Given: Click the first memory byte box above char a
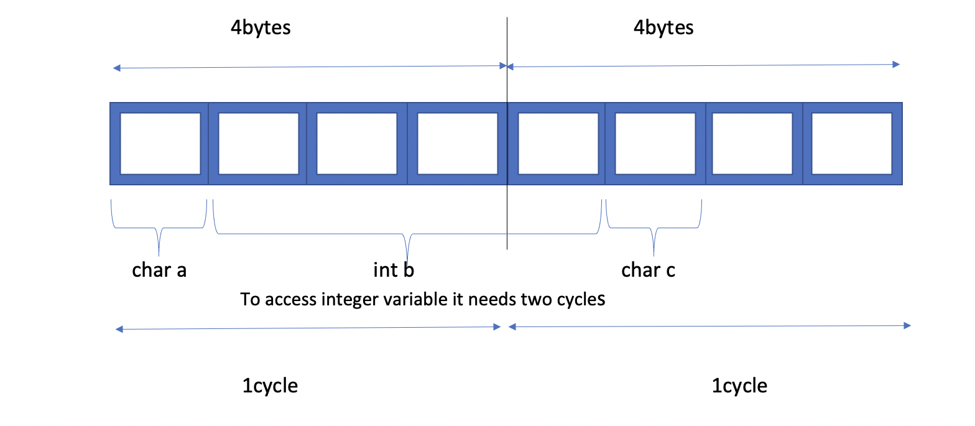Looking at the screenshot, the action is click(159, 144).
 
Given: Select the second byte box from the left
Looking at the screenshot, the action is click(257, 144).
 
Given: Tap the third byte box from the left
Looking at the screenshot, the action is click(357, 144).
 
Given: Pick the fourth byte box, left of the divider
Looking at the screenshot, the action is click(457, 144).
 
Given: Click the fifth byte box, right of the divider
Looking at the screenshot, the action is click(557, 144).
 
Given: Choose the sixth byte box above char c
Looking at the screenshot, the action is click(655, 144).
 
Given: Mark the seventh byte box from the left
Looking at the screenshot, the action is click(754, 144).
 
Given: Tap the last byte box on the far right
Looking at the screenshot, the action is click(853, 144).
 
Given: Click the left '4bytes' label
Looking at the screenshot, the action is click(261, 28).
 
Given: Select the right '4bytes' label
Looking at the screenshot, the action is click(663, 28).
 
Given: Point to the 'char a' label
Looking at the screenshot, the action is click(159, 271).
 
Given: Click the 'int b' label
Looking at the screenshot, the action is click(394, 270).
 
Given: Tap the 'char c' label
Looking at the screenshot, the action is click(648, 271).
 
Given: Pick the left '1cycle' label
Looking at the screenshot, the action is click(270, 386).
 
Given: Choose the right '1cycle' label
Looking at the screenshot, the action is click(739, 386).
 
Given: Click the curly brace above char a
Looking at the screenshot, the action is click(159, 228).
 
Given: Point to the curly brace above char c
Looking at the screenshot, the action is click(654, 228).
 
